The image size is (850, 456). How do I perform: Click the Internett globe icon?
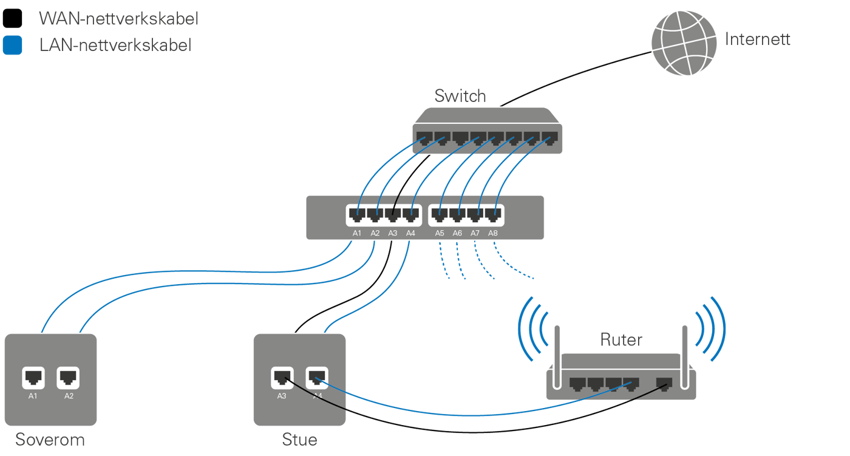tap(684, 41)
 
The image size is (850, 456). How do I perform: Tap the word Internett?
tap(758, 40)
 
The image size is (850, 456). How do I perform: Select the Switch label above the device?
tap(460, 96)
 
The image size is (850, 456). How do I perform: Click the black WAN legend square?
tap(12, 19)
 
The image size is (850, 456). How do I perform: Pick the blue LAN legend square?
tap(12, 46)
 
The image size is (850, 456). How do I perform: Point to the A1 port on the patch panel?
tap(356, 215)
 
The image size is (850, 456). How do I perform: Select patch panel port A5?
tap(440, 215)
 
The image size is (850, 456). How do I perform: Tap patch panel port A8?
tap(492, 215)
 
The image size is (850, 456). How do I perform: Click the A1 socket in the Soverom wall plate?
tap(33, 378)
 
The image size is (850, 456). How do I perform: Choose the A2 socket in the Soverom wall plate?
tap(69, 378)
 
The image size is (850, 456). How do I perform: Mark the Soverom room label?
tap(50, 440)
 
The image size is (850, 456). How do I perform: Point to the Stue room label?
tap(299, 439)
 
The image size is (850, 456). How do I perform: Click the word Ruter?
tap(620, 339)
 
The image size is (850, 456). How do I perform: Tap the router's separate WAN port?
tap(665, 384)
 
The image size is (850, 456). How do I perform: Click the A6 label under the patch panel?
tap(457, 233)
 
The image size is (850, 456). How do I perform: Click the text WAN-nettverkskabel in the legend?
tap(118, 19)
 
